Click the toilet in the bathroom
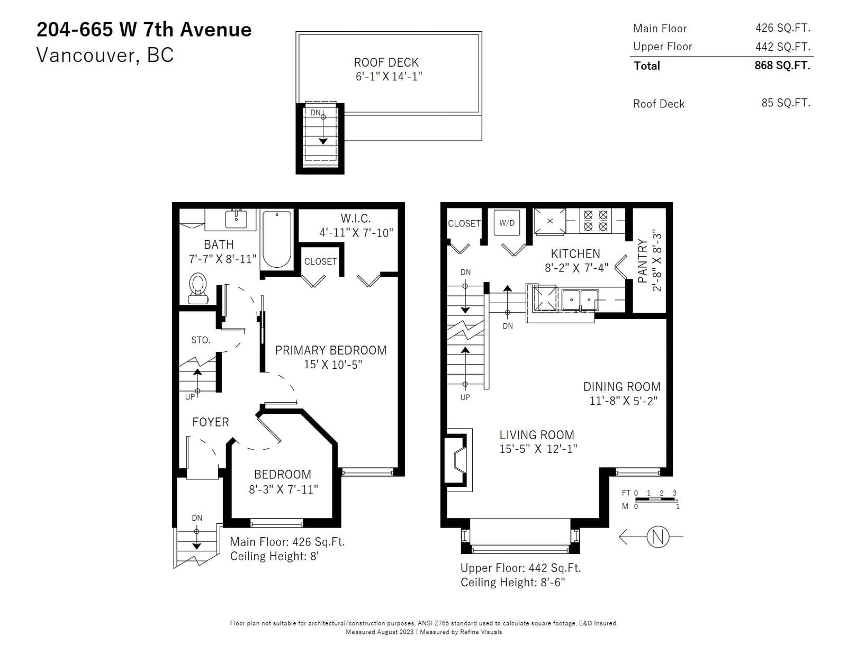pos(198,288)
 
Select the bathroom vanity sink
pos(236,219)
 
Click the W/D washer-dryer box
pos(507,223)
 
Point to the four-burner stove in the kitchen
pos(596,221)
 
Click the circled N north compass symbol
pos(657,537)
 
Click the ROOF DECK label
pos(386,62)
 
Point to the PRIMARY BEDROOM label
pos(331,350)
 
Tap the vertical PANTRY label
pos(642,261)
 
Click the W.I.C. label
pos(356,218)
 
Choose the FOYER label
pos(211,422)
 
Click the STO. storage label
pos(201,340)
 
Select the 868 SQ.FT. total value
pos(782,65)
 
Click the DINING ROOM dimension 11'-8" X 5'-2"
pos(623,401)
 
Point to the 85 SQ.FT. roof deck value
pos(786,103)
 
